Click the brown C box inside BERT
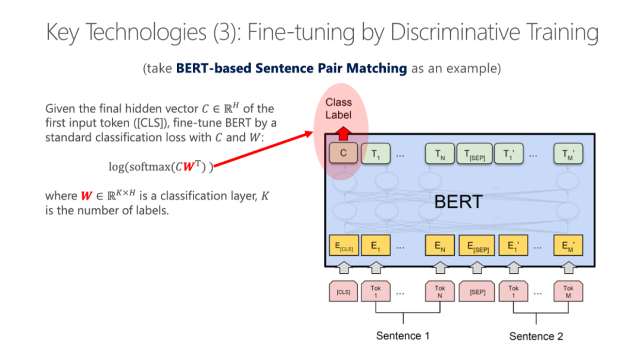click(344, 155)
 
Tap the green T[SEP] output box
click(474, 155)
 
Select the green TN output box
click(439, 155)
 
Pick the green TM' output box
click(568, 155)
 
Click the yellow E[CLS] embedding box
click(344, 246)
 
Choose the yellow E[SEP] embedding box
click(474, 246)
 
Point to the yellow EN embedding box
click(439, 246)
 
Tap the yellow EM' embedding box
click(568, 246)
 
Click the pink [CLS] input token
click(344, 292)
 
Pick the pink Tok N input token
click(439, 292)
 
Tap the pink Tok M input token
click(568, 292)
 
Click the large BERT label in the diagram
click(458, 202)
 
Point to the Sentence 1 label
click(402, 336)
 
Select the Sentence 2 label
click(536, 336)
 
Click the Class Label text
click(338, 108)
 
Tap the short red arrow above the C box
click(343, 132)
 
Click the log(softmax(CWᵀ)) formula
click(160, 166)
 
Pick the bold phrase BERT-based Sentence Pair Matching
click(292, 68)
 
